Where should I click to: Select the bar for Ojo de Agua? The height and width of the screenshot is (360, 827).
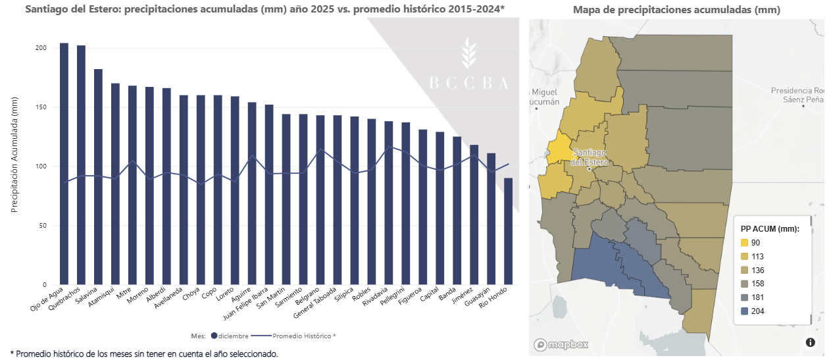(x=64, y=165)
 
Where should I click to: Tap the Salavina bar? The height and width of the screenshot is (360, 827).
(x=98, y=178)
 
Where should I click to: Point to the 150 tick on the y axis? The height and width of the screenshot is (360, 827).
(x=40, y=107)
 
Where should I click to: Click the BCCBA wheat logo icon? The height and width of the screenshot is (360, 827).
(x=468, y=53)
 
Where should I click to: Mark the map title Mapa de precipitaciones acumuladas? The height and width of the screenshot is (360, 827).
(x=676, y=10)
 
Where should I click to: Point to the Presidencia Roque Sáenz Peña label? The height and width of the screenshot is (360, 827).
(x=797, y=94)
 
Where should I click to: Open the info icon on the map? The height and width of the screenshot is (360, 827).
(x=811, y=342)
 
